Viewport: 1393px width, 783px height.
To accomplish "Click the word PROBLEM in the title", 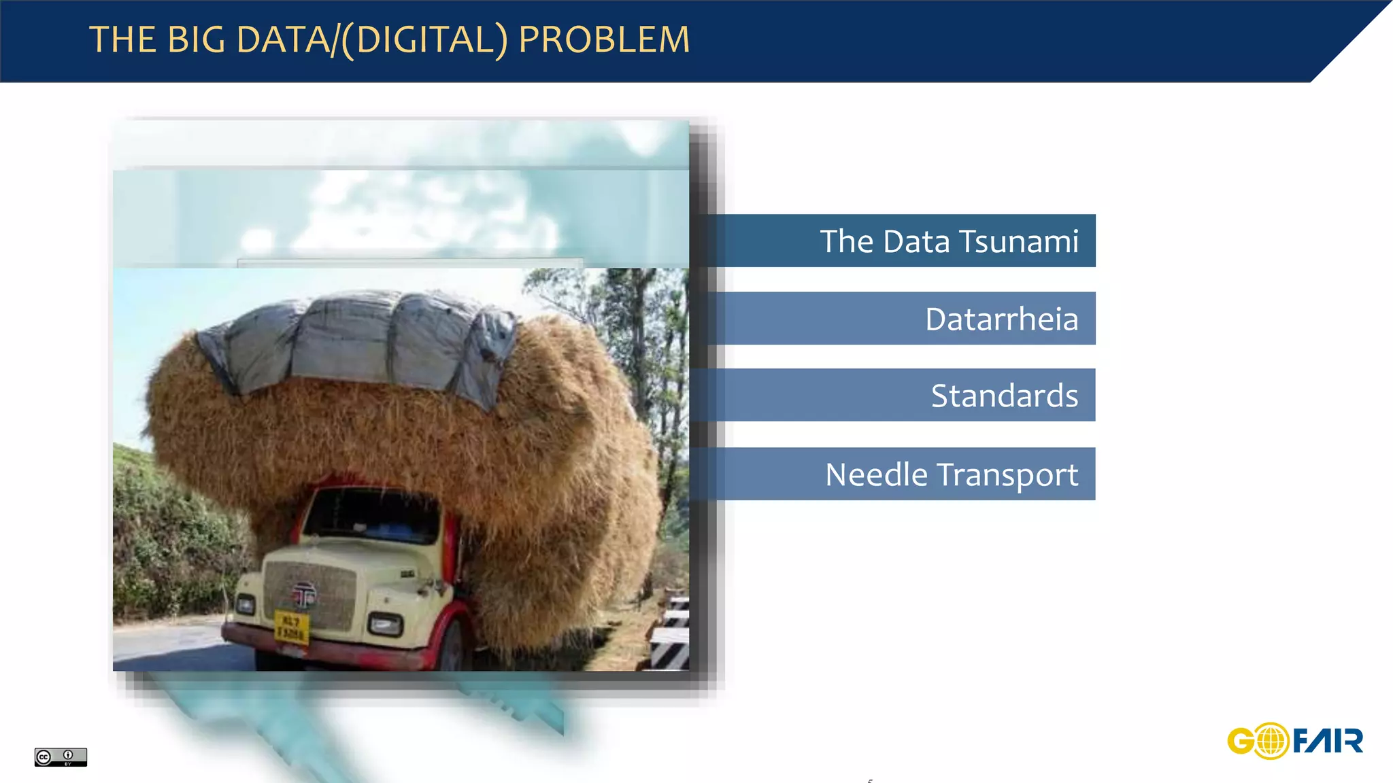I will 604,39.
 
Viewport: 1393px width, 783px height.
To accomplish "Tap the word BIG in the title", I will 196,39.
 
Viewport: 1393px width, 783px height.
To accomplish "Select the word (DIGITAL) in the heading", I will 424,39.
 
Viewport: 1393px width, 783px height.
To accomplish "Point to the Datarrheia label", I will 1001,319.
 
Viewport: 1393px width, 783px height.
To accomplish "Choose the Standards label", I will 1004,396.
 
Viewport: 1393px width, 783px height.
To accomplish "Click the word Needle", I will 876,474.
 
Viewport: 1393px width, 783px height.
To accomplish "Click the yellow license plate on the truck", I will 291,627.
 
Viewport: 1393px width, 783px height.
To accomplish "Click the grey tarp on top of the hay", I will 360,340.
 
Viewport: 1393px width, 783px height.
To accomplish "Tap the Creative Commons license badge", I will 61,756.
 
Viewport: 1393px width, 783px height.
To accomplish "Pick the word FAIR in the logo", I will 1328,741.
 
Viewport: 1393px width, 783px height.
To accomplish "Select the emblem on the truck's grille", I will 303,595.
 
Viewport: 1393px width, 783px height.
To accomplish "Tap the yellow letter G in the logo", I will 1241,741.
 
